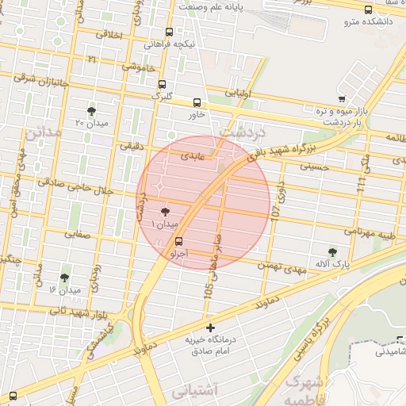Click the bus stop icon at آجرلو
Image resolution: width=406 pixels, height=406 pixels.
tap(178, 241)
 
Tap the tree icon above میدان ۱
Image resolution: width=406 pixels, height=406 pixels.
tap(165, 212)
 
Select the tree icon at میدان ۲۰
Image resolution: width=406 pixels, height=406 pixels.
tap(92, 110)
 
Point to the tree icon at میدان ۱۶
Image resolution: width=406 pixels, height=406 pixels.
tap(64, 278)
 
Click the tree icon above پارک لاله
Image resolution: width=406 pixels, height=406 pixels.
tap(332, 251)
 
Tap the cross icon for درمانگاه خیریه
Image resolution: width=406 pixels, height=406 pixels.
tap(210, 327)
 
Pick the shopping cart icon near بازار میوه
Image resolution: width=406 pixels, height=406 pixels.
tap(342, 99)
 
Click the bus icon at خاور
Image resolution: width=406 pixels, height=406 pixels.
tap(197, 102)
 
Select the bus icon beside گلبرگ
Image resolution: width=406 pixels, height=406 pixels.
tap(163, 84)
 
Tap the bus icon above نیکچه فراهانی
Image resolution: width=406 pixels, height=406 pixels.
tap(169, 33)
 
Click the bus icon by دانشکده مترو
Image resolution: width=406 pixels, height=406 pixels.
tap(367, 10)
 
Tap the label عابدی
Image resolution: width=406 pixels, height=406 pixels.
tap(193, 156)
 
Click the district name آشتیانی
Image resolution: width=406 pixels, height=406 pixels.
tap(193, 390)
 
